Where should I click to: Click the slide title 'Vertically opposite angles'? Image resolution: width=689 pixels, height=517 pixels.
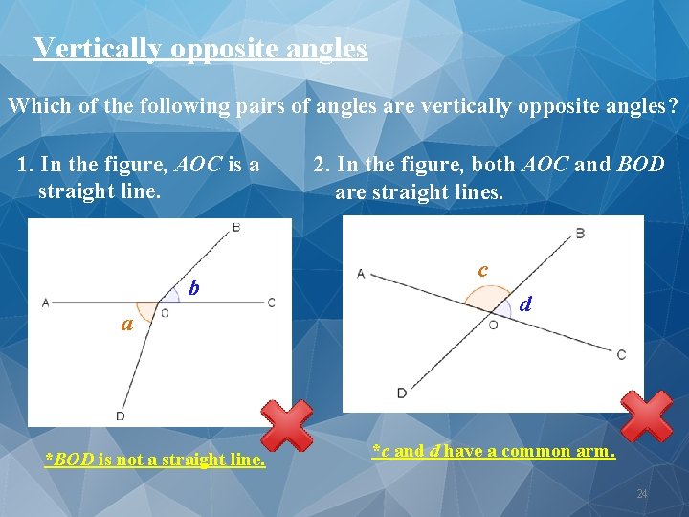[200, 48]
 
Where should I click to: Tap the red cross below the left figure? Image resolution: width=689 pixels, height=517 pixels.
[286, 424]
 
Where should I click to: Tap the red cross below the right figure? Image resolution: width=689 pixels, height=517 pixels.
[647, 416]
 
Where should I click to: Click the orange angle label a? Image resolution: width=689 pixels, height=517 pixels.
[126, 324]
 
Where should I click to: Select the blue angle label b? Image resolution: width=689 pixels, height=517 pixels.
[194, 287]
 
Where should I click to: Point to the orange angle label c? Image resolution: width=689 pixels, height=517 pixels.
[483, 271]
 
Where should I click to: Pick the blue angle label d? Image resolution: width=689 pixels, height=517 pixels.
[525, 304]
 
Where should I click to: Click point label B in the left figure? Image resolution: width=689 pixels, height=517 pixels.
[236, 228]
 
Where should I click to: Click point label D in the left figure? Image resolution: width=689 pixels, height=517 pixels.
[120, 416]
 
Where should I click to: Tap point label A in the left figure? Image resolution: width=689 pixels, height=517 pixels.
[45, 303]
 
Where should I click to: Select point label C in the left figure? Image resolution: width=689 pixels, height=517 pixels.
[272, 303]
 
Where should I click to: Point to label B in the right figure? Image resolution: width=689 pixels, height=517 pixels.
[580, 233]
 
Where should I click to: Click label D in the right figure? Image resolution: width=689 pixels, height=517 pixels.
[401, 393]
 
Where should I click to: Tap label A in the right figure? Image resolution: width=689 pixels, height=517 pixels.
[361, 274]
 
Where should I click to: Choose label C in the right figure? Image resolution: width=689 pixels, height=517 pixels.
[621, 355]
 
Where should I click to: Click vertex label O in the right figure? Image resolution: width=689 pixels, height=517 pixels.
[493, 325]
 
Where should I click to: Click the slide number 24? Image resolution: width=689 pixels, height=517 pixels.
[642, 494]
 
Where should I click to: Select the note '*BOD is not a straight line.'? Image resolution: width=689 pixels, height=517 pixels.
[155, 460]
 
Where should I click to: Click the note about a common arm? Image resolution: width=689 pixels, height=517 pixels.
[493, 451]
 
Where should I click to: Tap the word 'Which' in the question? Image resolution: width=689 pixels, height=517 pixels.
[40, 105]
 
